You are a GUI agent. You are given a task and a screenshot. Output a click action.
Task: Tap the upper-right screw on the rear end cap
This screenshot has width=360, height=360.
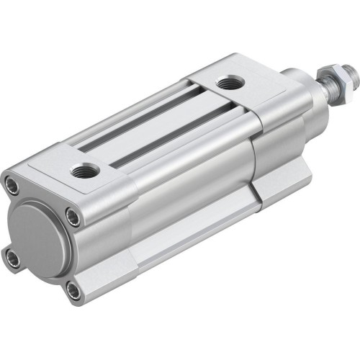tap(72, 215)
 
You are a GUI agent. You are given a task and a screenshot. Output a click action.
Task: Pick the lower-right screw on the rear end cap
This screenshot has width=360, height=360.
tap(73, 290)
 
